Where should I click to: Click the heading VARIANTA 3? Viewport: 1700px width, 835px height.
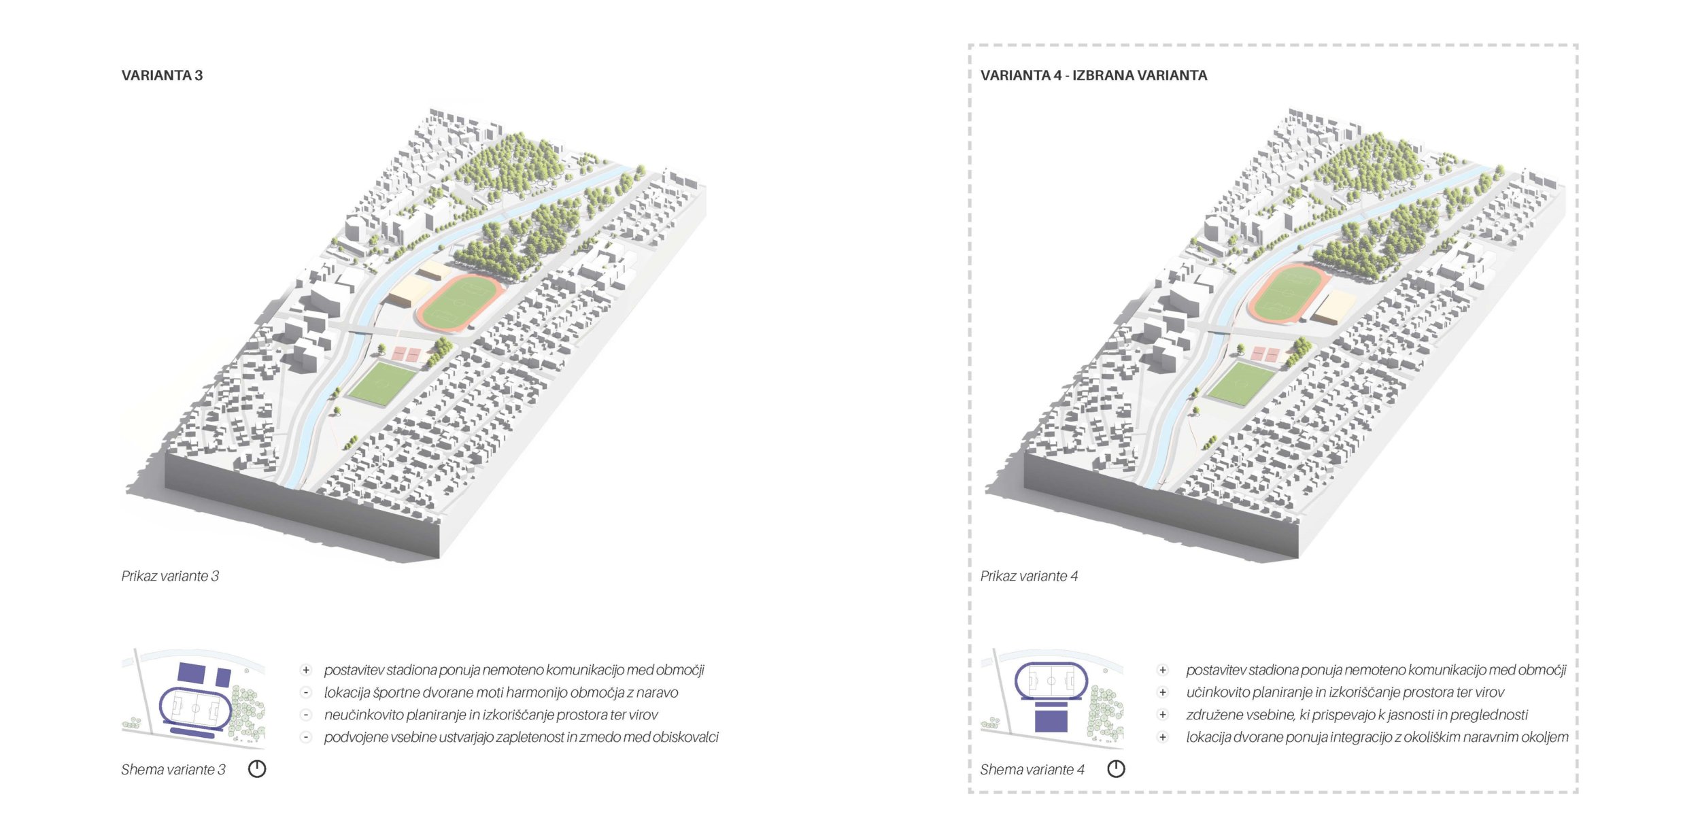[x=162, y=75]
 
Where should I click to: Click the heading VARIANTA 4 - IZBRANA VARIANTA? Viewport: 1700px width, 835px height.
[x=1093, y=75]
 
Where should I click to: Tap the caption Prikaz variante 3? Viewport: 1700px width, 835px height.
[x=170, y=576]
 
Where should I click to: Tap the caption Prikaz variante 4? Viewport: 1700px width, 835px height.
[x=1029, y=576]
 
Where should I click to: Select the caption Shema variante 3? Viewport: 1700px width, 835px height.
[x=173, y=770]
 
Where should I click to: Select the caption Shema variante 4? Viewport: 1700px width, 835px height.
[x=1032, y=770]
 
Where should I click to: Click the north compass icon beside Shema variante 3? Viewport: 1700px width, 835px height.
[x=257, y=769]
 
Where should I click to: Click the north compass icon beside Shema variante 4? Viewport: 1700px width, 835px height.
[x=1116, y=769]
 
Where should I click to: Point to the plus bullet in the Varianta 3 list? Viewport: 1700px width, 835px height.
[x=306, y=670]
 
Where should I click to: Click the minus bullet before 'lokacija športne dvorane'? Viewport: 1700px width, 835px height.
[x=306, y=693]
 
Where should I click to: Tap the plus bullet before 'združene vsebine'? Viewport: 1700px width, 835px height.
[x=1163, y=715]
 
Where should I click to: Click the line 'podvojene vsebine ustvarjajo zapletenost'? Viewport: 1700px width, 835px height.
[x=521, y=737]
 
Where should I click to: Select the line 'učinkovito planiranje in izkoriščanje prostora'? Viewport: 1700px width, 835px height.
[x=1345, y=693]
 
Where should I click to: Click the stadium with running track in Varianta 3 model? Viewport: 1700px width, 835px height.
[x=460, y=303]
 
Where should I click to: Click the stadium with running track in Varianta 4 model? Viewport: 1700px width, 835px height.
[x=1288, y=293]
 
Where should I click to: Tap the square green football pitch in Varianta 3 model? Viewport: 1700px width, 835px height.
[x=384, y=383]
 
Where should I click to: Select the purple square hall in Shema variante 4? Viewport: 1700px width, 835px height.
[x=1051, y=717]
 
